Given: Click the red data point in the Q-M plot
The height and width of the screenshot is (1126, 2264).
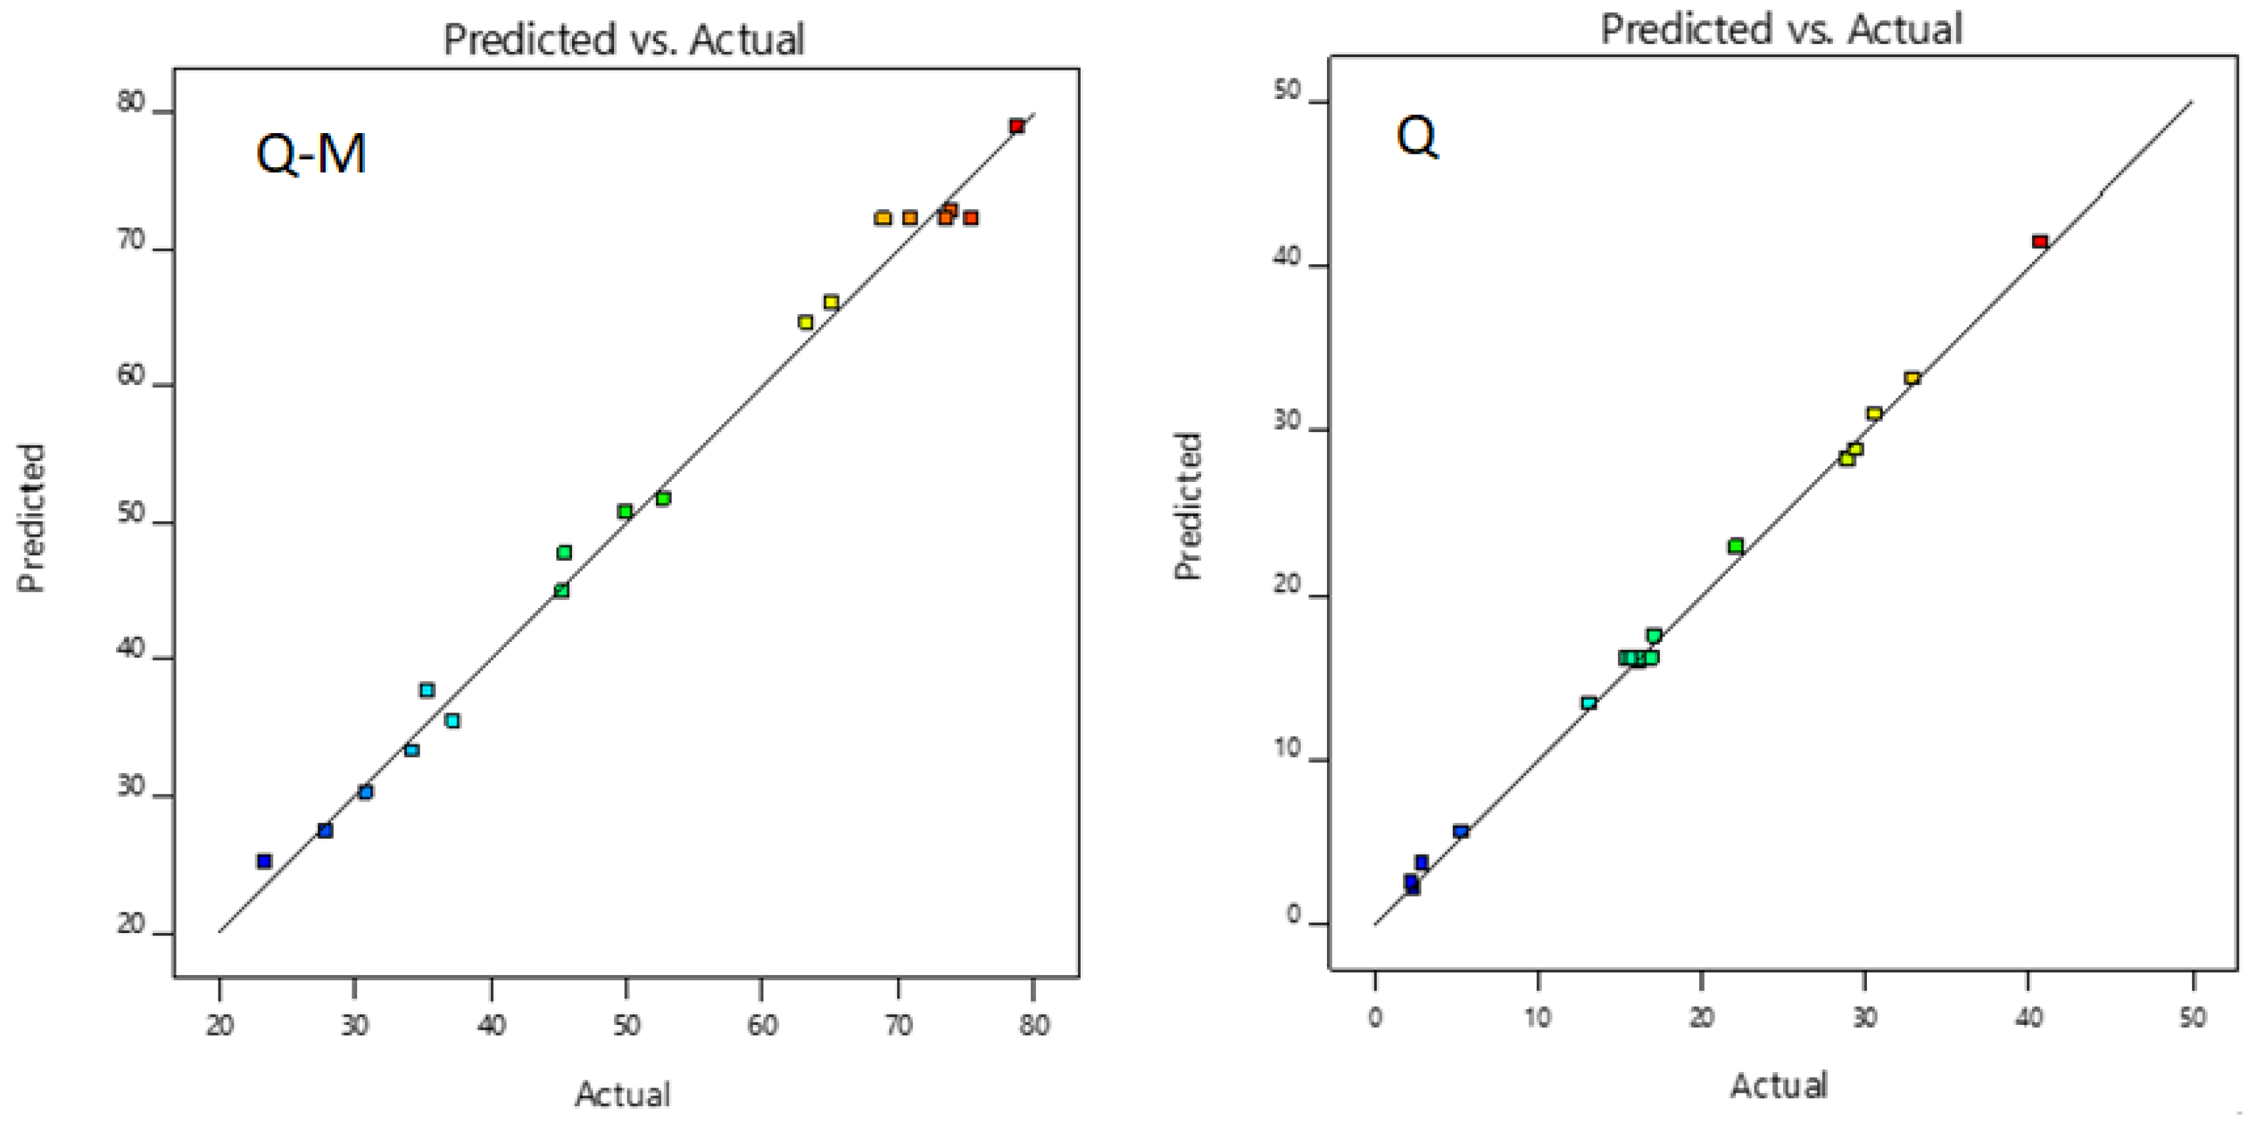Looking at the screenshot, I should pyautogui.click(x=1016, y=126).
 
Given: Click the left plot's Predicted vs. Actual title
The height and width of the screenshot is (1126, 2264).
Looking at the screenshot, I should pyautogui.click(x=623, y=40).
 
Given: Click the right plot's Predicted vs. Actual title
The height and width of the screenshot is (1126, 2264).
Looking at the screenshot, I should pyautogui.click(x=1781, y=28).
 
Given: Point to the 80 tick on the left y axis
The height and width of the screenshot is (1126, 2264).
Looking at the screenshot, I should pyautogui.click(x=130, y=102).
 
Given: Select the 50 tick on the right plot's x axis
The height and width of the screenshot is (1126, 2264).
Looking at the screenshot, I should pyautogui.click(x=2193, y=1017).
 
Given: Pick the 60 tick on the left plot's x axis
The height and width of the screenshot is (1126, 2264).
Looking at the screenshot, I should pyautogui.click(x=761, y=1026).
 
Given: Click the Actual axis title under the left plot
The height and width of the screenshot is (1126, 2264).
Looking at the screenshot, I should pyautogui.click(x=623, y=1093).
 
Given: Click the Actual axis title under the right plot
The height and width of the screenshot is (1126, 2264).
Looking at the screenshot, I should pyautogui.click(x=1779, y=1085).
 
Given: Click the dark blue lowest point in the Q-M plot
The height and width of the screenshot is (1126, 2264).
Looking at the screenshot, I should pyautogui.click(x=264, y=861).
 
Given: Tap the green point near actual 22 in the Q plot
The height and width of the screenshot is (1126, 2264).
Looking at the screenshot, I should pyautogui.click(x=1736, y=546).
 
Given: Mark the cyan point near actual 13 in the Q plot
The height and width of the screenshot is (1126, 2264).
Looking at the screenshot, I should pyautogui.click(x=1588, y=703).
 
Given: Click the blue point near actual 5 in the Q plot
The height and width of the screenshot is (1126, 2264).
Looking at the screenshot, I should pyautogui.click(x=1461, y=831).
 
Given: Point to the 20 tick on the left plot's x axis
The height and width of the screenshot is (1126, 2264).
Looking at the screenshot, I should pyautogui.click(x=220, y=1026).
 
